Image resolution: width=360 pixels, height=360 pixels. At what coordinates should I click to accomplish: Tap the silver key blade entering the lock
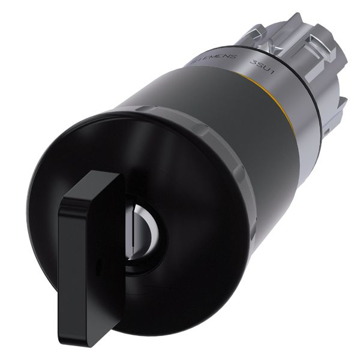coord(133,234)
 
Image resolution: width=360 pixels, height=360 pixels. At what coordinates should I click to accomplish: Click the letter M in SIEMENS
coord(214,58)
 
